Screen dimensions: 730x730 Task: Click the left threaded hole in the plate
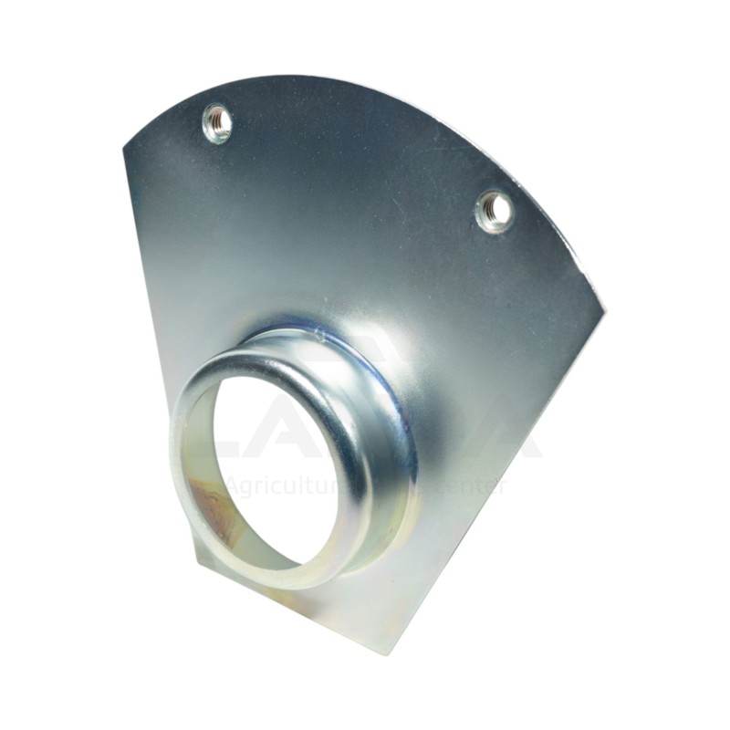click(x=217, y=122)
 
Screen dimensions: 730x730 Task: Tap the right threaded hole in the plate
click(x=495, y=211)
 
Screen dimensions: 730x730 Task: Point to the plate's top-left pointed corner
click(x=124, y=149)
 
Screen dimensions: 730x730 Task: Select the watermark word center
click(x=470, y=485)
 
